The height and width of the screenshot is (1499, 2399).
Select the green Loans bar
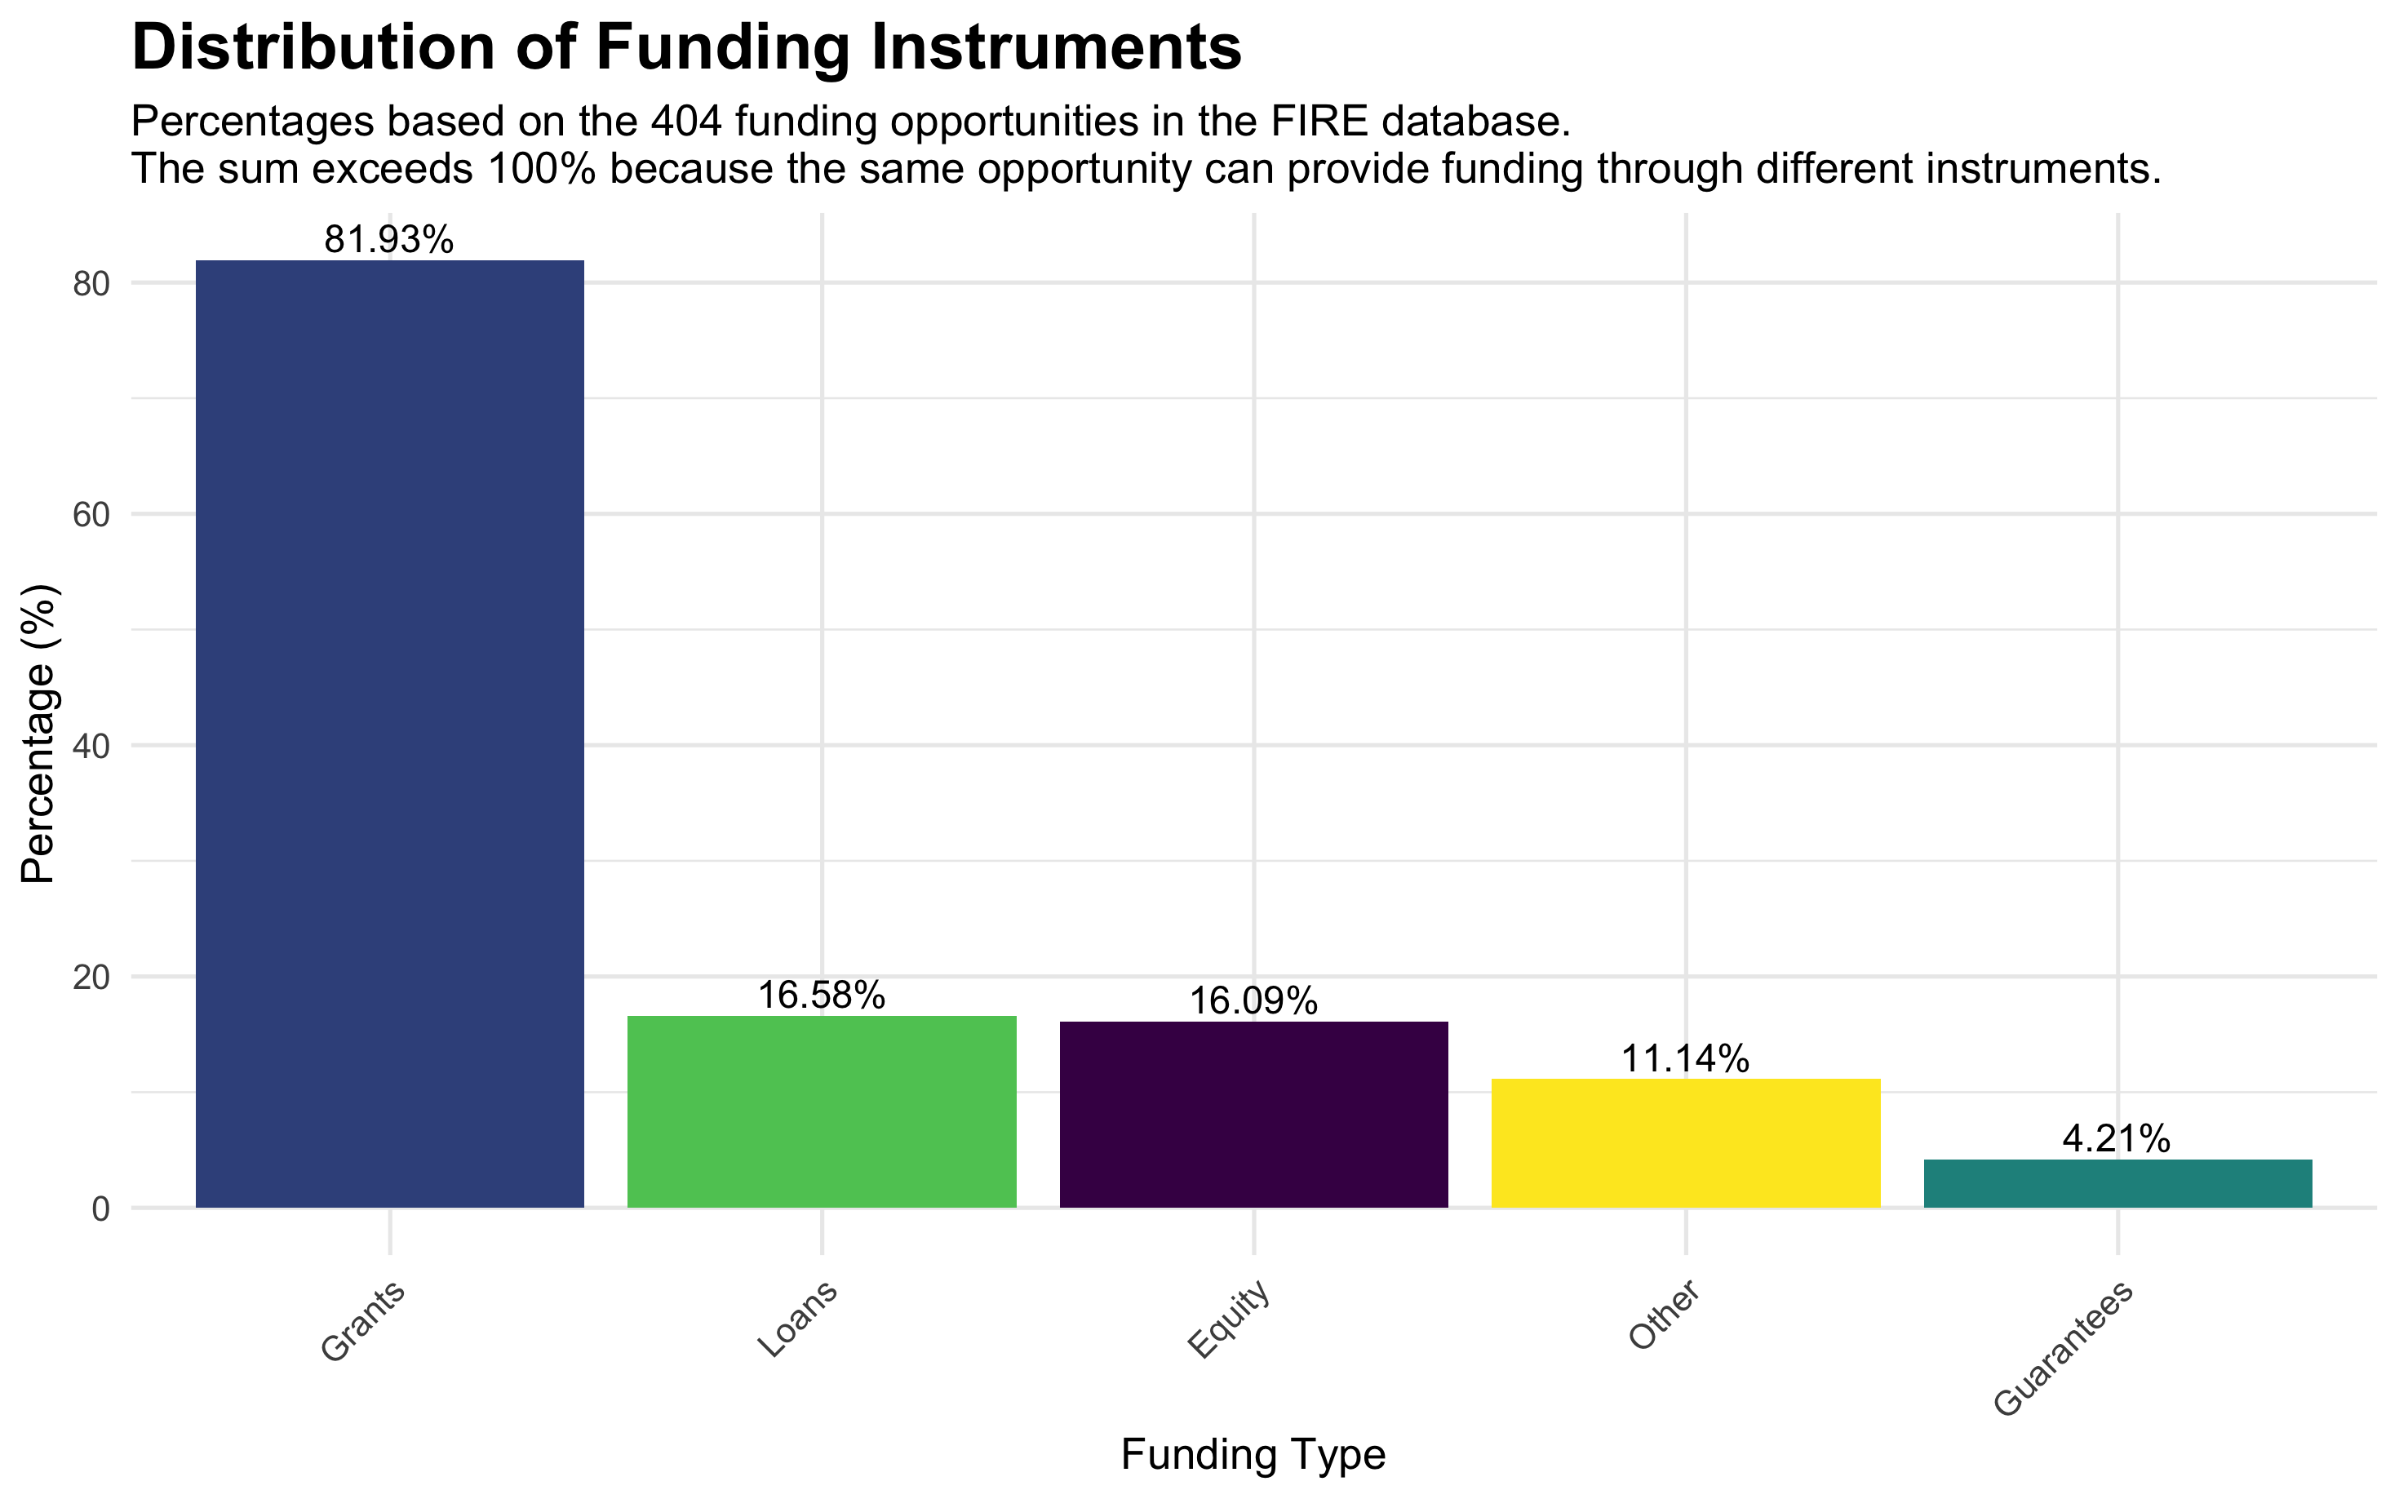(x=822, y=1111)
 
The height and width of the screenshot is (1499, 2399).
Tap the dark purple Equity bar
(x=1253, y=1115)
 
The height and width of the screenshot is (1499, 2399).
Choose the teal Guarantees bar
(x=2117, y=1184)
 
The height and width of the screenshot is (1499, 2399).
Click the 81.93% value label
(x=389, y=240)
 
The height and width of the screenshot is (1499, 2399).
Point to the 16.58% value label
(x=822, y=996)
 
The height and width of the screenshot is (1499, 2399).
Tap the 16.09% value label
(x=1253, y=1002)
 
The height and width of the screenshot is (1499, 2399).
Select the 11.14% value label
(x=1685, y=1060)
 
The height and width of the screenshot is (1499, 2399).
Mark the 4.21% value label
(x=2117, y=1140)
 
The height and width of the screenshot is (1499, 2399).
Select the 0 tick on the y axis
(x=100, y=1209)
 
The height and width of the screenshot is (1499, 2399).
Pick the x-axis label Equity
(x=1229, y=1319)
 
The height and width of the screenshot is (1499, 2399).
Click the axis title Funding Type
(x=1253, y=1454)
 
